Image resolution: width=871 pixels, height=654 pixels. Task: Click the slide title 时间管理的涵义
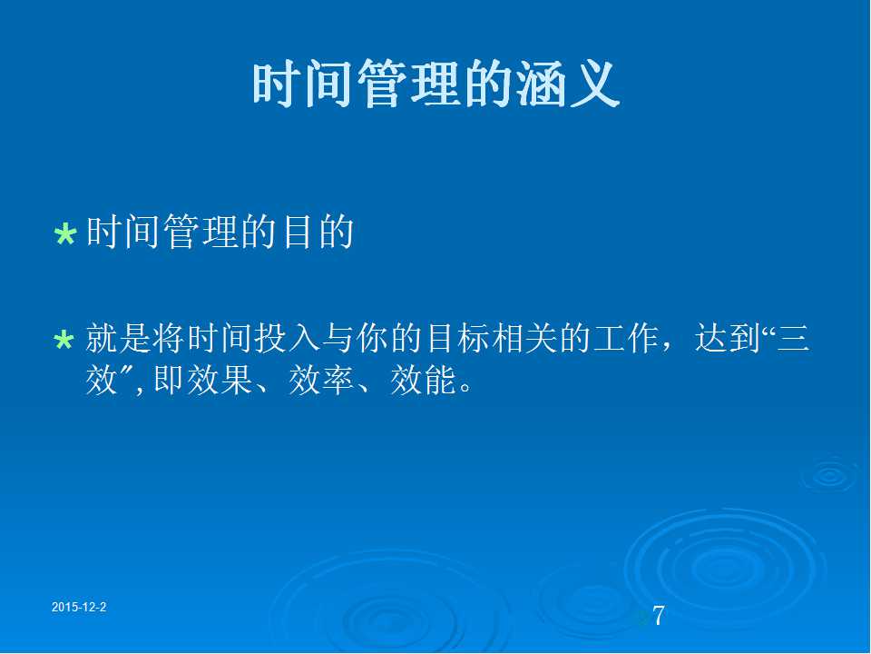[x=436, y=84]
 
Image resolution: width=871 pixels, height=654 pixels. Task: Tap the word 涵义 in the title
[x=568, y=84]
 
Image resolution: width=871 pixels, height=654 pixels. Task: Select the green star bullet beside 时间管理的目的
[x=65, y=234]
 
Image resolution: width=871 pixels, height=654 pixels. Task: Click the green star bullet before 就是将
[x=64, y=340]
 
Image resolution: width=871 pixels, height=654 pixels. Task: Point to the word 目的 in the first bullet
[x=318, y=232]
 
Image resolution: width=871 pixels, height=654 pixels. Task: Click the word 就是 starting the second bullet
[x=118, y=338]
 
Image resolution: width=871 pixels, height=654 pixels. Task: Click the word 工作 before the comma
[x=625, y=338]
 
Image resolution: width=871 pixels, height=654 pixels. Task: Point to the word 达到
[x=727, y=338]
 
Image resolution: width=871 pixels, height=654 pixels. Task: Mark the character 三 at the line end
[x=793, y=338]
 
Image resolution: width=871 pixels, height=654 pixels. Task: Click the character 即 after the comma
[x=169, y=381]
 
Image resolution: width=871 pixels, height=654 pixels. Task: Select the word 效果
[x=220, y=381]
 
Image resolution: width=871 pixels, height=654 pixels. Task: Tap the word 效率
[x=321, y=381]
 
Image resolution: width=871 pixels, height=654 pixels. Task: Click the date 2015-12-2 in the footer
[x=79, y=608]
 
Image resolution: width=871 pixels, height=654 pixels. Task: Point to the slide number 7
[x=659, y=616]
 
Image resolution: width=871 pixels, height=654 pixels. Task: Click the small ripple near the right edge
[x=829, y=475]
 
